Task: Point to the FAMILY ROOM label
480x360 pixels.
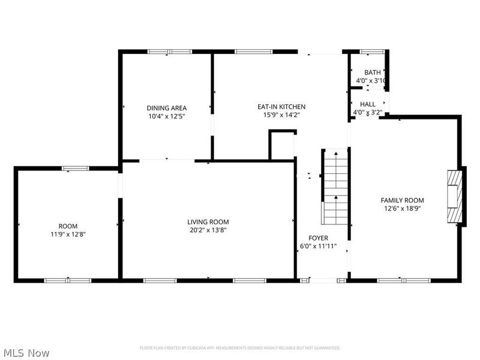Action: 402,200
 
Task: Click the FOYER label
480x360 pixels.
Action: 318,238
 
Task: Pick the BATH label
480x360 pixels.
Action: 372,72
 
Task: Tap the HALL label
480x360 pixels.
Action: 368,104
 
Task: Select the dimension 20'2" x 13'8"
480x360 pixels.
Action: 208,230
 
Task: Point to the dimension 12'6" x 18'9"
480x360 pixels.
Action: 402,209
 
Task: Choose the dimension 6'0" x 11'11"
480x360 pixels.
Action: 318,247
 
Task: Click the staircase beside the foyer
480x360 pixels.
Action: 336,186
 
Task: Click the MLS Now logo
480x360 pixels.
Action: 26,353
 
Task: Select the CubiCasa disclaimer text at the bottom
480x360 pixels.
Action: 240,348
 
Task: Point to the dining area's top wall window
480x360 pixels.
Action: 167,52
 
